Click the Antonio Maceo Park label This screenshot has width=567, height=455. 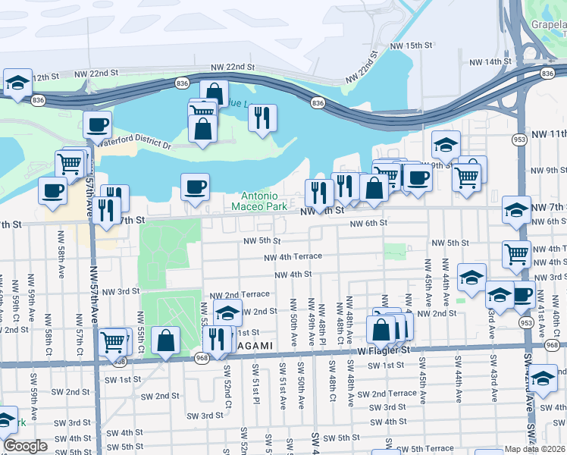point(265,200)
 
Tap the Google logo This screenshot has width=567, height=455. point(25,447)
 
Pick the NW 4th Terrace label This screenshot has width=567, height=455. point(293,257)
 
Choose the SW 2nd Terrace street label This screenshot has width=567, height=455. point(387,394)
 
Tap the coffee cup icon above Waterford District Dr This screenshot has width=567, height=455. point(97,125)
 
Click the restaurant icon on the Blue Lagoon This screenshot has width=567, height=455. point(262,118)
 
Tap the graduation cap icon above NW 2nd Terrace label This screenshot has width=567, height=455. point(227,312)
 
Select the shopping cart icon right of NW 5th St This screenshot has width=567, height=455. point(516,255)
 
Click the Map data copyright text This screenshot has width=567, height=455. point(534,449)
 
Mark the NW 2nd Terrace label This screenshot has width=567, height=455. point(240,294)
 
